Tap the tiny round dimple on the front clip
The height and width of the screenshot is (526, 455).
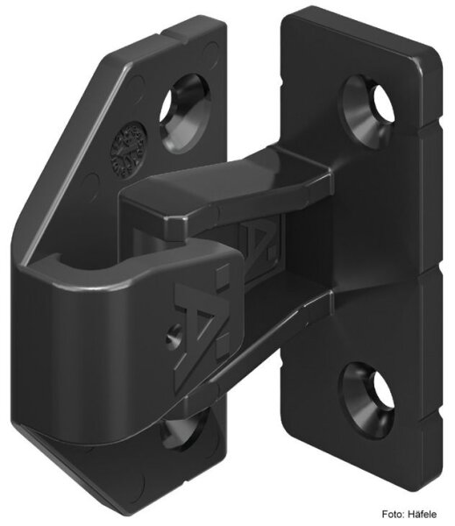171,332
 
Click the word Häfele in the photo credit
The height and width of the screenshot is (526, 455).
427,514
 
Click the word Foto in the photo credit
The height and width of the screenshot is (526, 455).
390,514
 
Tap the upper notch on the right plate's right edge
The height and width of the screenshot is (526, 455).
436,123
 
